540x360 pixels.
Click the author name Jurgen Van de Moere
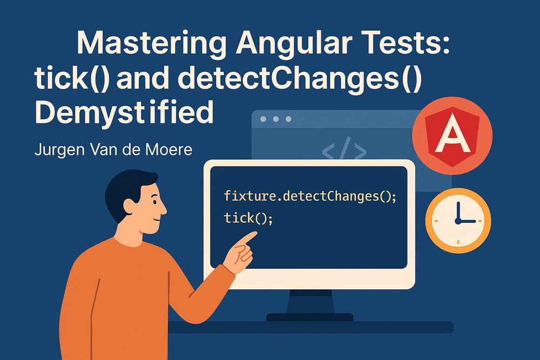[x=113, y=148]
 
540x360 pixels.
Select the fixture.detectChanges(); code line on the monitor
[x=309, y=196]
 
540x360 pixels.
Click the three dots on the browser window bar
[x=276, y=119]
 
